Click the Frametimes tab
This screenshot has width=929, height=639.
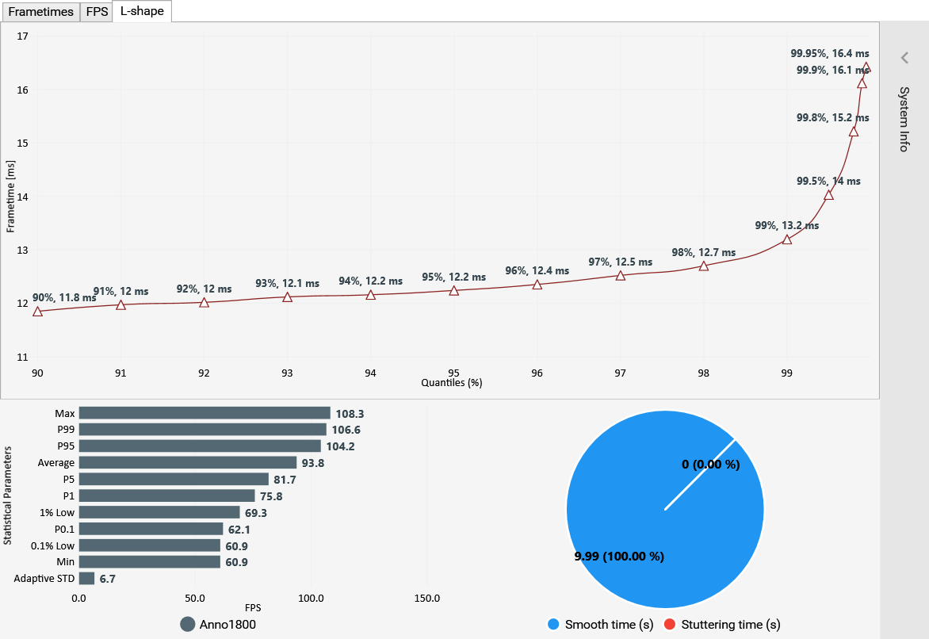[40, 12]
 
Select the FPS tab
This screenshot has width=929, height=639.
[97, 12]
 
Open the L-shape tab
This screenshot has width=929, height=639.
[142, 12]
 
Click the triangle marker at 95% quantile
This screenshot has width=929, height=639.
[454, 291]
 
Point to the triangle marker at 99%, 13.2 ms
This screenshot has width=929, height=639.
[787, 239]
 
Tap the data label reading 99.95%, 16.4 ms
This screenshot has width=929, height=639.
[830, 54]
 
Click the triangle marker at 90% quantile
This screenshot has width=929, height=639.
[37, 312]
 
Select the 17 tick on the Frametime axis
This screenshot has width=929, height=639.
[22, 36]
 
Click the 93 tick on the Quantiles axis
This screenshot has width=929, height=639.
[287, 373]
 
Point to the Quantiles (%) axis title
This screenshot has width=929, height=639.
[452, 382]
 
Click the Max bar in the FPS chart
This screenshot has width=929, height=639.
[205, 413]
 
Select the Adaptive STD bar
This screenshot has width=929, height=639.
[86, 579]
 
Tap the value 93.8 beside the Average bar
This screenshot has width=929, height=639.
[312, 463]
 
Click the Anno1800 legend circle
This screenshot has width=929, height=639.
[188, 625]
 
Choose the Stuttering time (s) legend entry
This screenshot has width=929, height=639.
[721, 625]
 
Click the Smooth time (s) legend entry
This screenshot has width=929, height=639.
[601, 625]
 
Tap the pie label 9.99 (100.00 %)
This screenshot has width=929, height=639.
[619, 557]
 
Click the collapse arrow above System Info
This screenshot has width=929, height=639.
[904, 58]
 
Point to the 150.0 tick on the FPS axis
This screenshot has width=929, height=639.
[427, 598]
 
